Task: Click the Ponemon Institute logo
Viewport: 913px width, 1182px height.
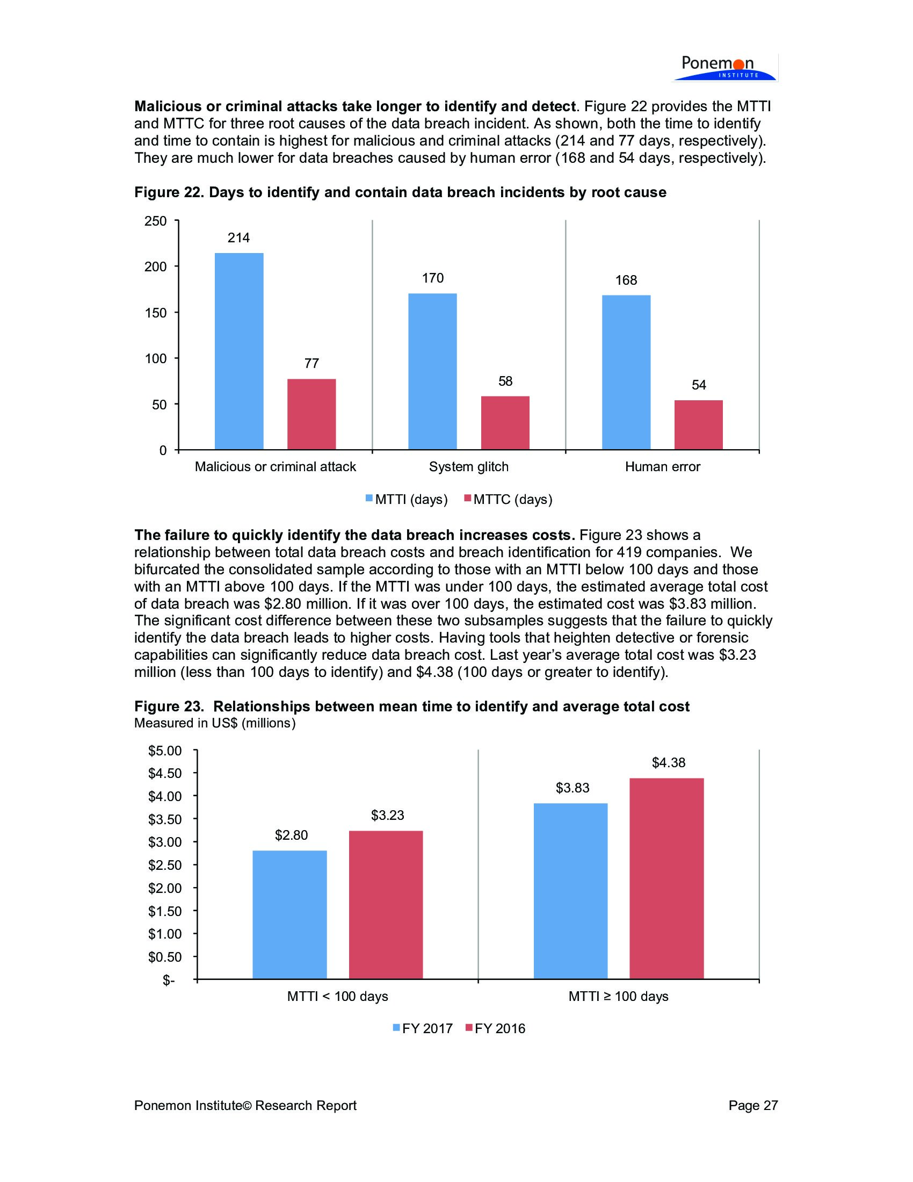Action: (x=724, y=68)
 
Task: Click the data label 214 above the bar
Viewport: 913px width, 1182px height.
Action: (x=238, y=237)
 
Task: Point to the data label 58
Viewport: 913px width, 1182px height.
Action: (x=505, y=381)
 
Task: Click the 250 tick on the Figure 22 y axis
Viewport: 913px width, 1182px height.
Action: (x=156, y=221)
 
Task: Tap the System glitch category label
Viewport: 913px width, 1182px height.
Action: (x=468, y=466)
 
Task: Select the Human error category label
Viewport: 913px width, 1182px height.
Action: (x=663, y=466)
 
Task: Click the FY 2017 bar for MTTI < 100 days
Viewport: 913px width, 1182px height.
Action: (x=290, y=914)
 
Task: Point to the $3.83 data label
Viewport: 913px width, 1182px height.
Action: (x=573, y=788)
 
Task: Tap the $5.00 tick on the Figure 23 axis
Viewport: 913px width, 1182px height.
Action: (x=165, y=751)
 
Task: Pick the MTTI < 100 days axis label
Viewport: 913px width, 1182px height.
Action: (x=337, y=996)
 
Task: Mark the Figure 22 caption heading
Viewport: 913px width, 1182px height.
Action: (x=400, y=192)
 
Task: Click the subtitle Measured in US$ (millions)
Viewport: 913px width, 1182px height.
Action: (x=215, y=723)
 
